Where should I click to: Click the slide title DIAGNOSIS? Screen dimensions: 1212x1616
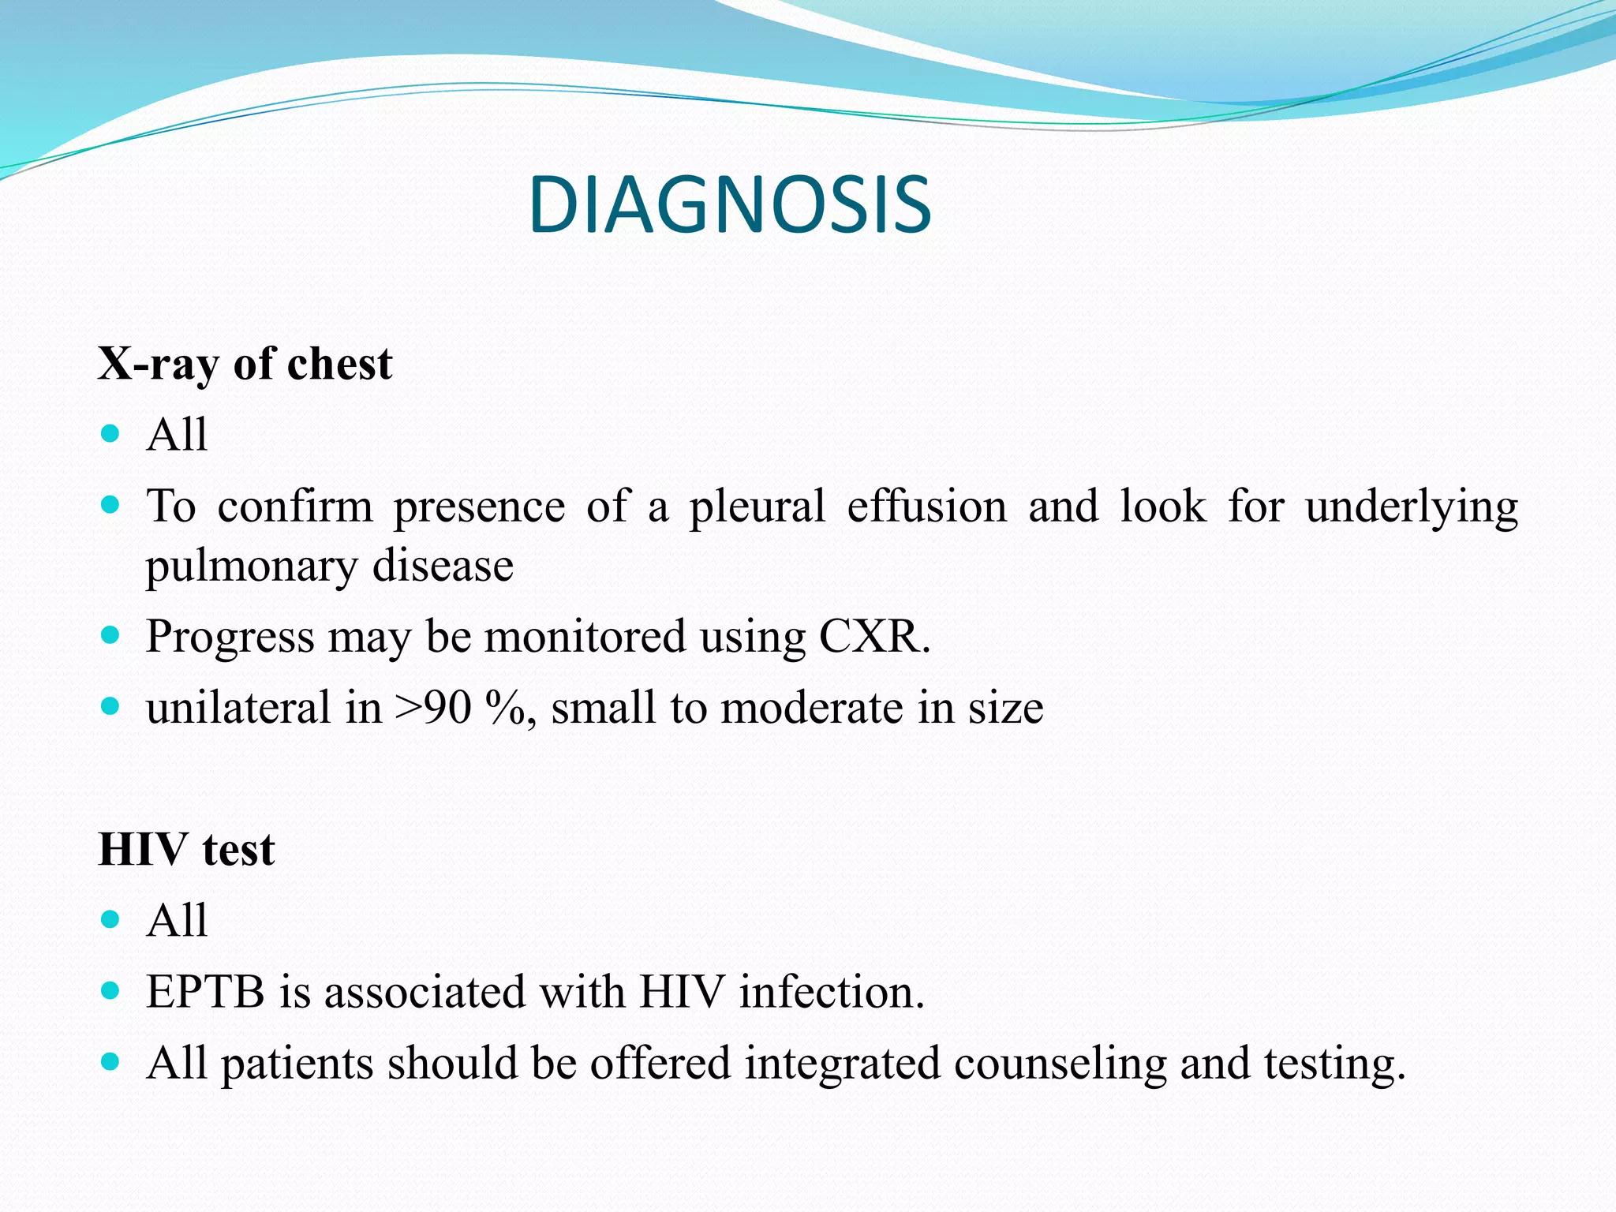[x=730, y=206]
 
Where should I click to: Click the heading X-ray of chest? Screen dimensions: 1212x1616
[x=245, y=365]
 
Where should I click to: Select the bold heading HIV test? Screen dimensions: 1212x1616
[x=186, y=850]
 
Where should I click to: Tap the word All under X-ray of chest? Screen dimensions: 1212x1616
[x=177, y=434]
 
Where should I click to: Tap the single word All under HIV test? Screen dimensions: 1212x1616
[x=177, y=920]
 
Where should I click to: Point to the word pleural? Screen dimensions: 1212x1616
[x=757, y=507]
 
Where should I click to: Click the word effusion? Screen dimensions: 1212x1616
[x=926, y=507]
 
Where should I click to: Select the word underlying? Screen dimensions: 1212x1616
[x=1411, y=507]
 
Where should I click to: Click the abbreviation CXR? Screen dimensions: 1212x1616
[x=873, y=636]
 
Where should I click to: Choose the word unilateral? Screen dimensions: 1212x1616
[x=238, y=707]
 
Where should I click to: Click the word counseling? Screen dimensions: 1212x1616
[x=1060, y=1063]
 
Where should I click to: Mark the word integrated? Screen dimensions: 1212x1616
[x=842, y=1063]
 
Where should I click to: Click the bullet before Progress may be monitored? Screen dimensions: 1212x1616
[x=110, y=634]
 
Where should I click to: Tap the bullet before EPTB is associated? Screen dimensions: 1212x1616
[x=110, y=990]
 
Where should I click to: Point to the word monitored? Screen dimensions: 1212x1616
[x=585, y=636]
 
